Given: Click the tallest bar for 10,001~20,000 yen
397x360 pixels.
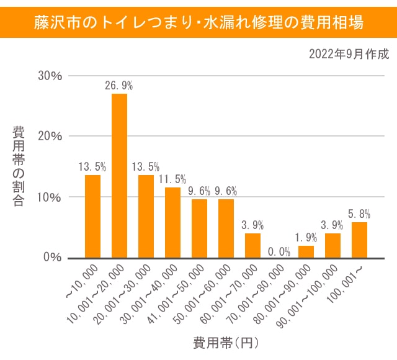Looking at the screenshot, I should (119, 176).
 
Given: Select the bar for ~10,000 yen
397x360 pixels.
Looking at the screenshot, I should (92, 216).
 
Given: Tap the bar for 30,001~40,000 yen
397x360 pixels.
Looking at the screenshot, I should (172, 222).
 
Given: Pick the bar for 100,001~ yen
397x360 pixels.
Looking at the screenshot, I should (359, 240).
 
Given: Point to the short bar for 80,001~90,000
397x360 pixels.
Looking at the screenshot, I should (306, 251).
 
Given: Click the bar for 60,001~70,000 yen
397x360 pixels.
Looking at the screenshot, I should (252, 245).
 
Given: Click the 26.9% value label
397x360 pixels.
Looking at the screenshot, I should (119, 85).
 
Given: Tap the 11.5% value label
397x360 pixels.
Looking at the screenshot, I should (172, 179).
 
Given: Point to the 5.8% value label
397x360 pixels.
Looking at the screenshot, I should (359, 214).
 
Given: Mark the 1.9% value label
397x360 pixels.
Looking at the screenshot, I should (306, 237).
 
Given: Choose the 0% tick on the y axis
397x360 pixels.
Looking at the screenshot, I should (53, 257).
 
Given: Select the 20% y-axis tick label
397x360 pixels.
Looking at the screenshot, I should (50, 136).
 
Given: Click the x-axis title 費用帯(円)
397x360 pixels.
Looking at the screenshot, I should (225, 342).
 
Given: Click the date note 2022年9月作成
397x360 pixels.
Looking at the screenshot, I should (349, 54).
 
